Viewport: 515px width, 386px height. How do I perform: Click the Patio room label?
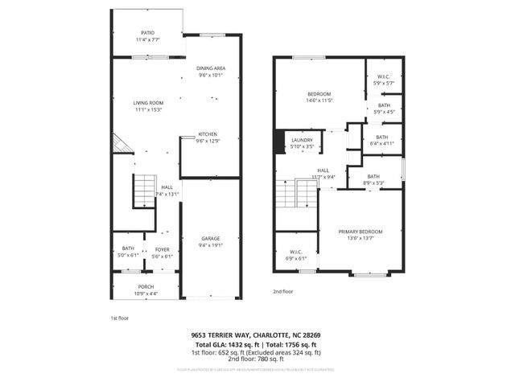(x=147, y=35)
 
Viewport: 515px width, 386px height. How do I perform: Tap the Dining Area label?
(x=211, y=72)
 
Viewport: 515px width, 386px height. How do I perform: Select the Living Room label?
(x=148, y=105)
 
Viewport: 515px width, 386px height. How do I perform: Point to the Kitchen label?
(x=208, y=137)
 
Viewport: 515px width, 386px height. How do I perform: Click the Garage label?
(x=211, y=241)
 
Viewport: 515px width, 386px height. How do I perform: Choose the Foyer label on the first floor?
(x=162, y=252)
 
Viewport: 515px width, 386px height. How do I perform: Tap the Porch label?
(x=146, y=289)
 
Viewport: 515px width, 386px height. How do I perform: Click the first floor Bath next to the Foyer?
(x=128, y=252)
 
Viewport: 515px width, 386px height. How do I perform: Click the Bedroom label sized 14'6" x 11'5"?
(x=319, y=96)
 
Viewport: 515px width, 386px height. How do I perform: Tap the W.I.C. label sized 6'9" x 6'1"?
(x=296, y=256)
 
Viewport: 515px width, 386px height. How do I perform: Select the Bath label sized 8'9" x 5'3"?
(x=374, y=179)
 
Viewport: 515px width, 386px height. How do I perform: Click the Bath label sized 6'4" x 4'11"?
(x=381, y=140)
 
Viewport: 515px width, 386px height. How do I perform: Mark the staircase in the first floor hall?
(x=144, y=191)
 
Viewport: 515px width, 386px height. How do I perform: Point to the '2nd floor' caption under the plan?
(x=283, y=291)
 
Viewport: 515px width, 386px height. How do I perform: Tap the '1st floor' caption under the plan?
(x=119, y=318)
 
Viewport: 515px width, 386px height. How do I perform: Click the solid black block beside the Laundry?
(x=279, y=142)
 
